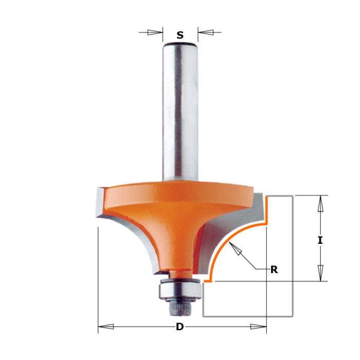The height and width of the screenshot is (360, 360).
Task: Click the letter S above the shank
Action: point(180,35)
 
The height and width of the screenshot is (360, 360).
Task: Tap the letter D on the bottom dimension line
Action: point(179,327)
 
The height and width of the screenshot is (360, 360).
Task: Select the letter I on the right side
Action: point(320,240)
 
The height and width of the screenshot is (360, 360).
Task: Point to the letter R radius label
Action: point(274,269)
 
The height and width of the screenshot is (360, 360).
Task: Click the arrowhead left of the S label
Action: point(154,32)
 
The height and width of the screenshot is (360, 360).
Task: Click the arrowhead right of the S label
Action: point(206,32)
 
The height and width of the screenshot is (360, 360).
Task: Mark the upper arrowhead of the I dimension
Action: point(320,204)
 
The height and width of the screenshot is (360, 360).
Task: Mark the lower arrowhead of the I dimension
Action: point(320,273)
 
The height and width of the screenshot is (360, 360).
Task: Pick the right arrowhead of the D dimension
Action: point(258,327)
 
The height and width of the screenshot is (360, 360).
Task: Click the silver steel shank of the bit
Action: point(179,113)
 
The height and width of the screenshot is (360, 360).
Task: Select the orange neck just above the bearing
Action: point(178,273)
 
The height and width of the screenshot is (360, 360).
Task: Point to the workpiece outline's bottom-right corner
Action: point(293,316)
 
